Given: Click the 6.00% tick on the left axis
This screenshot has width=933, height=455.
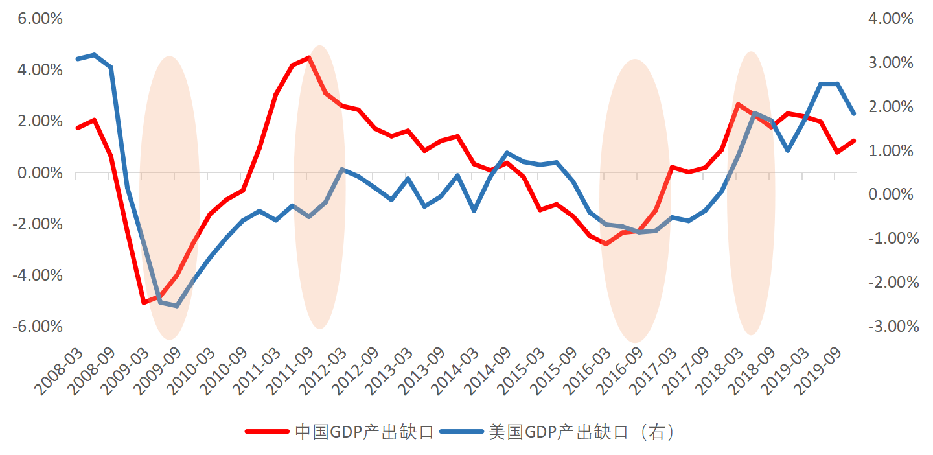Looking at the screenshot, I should coord(40,19).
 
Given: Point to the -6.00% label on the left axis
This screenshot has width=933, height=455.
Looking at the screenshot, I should coord(38,326).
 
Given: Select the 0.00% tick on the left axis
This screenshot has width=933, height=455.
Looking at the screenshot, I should coord(40,173).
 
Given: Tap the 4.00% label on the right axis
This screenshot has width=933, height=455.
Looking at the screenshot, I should coord(891,19).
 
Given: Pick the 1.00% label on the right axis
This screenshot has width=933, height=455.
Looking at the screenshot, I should coord(891,150).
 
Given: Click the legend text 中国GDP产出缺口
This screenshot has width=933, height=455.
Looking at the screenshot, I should coord(363,432).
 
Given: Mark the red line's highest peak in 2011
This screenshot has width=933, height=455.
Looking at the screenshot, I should coord(308,58).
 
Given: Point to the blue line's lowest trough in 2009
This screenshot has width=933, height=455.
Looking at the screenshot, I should coord(176,305).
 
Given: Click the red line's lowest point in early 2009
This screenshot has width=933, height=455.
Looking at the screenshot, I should coord(144,303).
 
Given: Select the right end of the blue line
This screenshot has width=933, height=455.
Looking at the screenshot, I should coord(854,113).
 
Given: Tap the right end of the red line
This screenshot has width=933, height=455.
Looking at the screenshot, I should coord(854,141).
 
